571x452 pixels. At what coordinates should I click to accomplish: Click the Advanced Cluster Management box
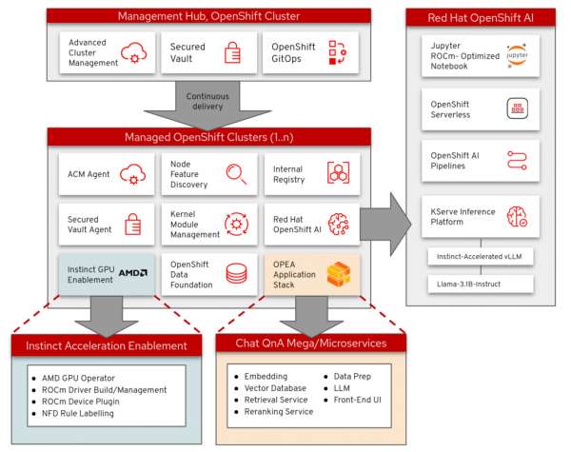pyautogui.click(x=106, y=53)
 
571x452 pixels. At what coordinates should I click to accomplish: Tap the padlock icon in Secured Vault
pyautogui.click(x=230, y=53)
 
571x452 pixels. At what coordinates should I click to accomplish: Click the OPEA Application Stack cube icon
pyautogui.click(x=339, y=275)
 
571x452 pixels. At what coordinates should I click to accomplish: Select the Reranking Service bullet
pyautogui.click(x=278, y=413)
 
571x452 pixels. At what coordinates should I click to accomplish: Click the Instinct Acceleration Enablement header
pyautogui.click(x=106, y=345)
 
